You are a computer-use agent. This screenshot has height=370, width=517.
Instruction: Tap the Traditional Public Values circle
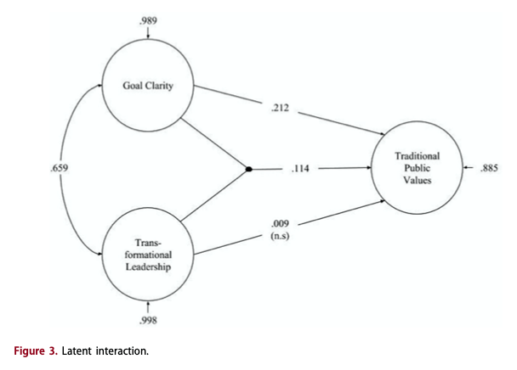418,169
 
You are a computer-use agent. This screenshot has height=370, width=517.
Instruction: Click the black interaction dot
248,169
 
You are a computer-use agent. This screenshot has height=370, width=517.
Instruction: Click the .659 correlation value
60,169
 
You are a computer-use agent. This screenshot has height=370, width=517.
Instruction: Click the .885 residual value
488,169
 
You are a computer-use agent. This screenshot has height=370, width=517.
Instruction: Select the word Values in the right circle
418,180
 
